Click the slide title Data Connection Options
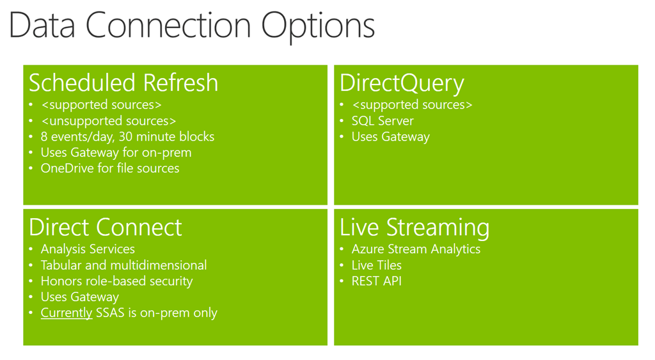(x=192, y=26)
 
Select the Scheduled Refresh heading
(x=123, y=82)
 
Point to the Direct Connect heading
(x=106, y=228)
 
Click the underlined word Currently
(x=67, y=313)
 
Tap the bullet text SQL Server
(x=383, y=121)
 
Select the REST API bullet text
(x=376, y=281)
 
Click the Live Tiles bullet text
(x=376, y=265)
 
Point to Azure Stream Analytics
(x=416, y=249)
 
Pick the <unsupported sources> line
(x=108, y=121)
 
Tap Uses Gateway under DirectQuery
(x=391, y=137)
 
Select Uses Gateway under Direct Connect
(x=80, y=297)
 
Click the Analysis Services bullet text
(x=88, y=249)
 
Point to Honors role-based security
(x=116, y=281)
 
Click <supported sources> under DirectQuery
(x=412, y=105)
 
